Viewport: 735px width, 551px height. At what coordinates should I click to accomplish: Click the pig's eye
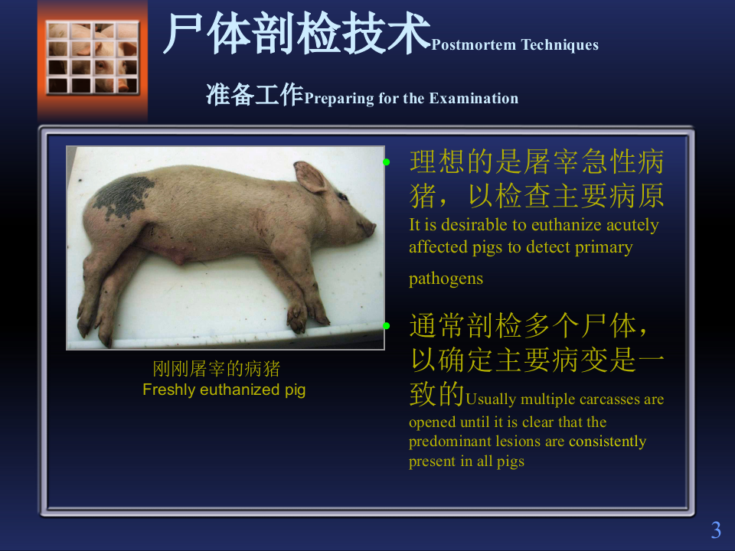[x=342, y=197]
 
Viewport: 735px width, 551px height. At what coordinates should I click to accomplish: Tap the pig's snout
[x=371, y=227]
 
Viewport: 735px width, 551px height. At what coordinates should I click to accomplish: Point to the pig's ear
[x=311, y=177]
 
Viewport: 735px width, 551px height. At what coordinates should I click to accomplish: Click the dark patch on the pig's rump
[x=123, y=194]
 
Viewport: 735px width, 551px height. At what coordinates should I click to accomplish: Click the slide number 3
[x=716, y=530]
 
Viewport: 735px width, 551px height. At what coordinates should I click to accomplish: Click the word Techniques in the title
[x=560, y=45]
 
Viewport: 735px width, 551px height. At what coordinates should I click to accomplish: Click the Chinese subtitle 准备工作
[x=254, y=95]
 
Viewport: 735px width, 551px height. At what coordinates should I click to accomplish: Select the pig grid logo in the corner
[x=93, y=57]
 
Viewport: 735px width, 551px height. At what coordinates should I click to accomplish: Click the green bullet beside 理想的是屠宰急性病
[x=387, y=162]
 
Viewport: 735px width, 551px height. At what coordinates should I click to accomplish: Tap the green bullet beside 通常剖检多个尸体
[x=387, y=326]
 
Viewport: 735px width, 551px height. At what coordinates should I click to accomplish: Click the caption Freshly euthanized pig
[x=224, y=390]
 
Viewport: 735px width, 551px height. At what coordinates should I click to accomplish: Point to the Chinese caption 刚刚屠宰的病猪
[x=217, y=370]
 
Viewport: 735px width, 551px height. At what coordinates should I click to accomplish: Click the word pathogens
[x=446, y=279]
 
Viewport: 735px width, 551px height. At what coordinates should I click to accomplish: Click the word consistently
[x=607, y=442]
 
